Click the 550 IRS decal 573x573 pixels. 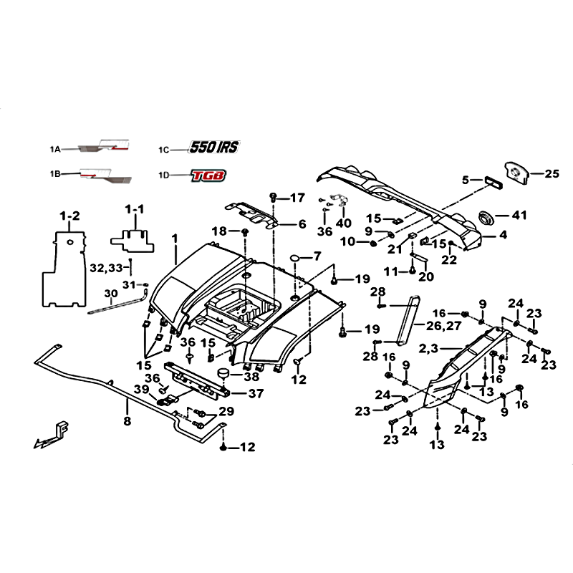(x=214, y=147)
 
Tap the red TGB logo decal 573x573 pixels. (x=208, y=175)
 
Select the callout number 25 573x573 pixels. (x=552, y=173)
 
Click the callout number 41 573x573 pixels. (x=519, y=216)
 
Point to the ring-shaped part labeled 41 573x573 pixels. (x=486, y=218)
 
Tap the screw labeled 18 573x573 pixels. (x=245, y=231)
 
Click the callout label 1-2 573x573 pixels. (x=69, y=216)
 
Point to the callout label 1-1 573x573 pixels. (x=135, y=209)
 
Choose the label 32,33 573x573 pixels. (x=106, y=268)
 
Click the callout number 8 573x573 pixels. (x=127, y=421)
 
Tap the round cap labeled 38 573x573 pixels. (x=223, y=374)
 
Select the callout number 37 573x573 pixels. (x=256, y=393)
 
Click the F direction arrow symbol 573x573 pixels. (x=52, y=435)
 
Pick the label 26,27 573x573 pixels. (x=443, y=325)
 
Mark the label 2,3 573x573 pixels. (x=428, y=348)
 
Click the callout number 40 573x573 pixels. (x=343, y=223)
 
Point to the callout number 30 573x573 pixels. (x=111, y=294)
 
